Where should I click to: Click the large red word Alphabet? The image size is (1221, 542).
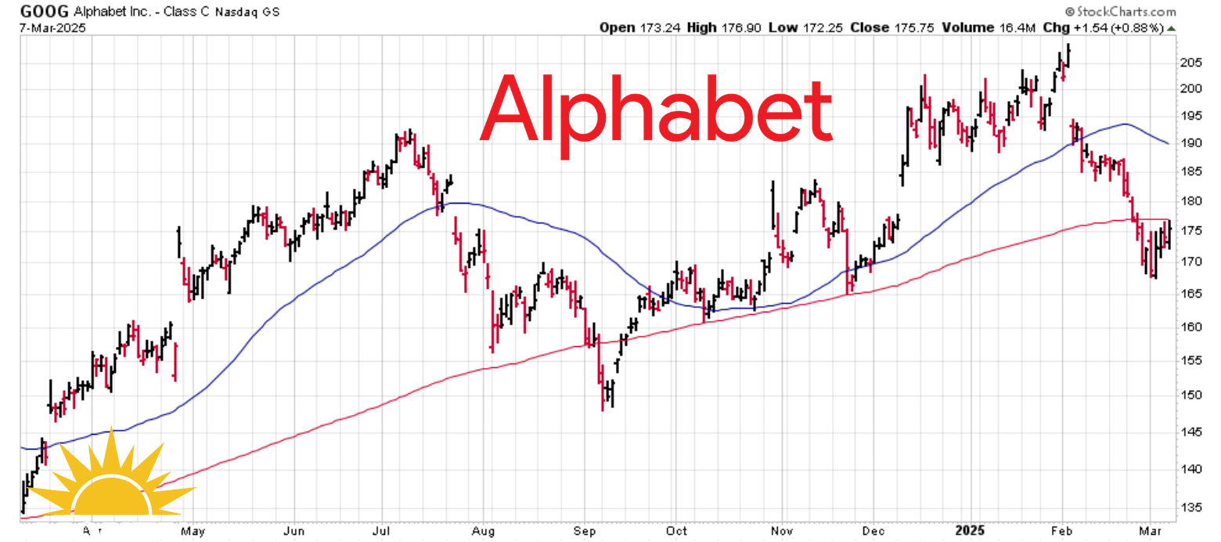[656, 109]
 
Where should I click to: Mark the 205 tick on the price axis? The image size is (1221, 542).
[1190, 63]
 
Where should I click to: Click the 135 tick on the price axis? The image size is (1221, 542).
[1190, 508]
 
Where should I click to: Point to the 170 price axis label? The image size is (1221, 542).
[1190, 261]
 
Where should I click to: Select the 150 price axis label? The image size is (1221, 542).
[1190, 395]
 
